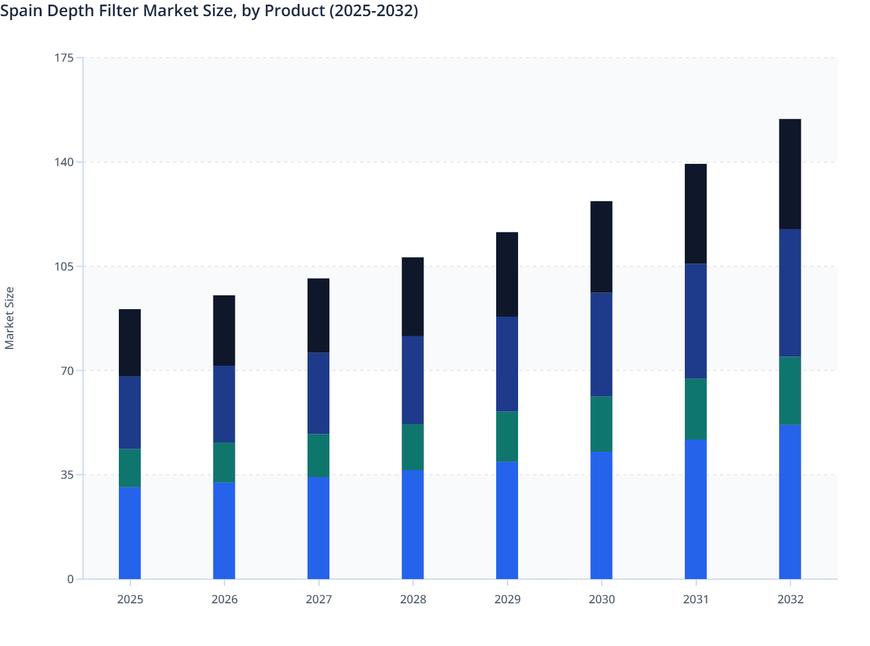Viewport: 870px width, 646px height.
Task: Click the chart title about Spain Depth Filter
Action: pyautogui.click(x=209, y=11)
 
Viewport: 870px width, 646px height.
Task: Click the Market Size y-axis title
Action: pyautogui.click(x=9, y=318)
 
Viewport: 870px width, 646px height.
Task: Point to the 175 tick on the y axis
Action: pyautogui.click(x=65, y=58)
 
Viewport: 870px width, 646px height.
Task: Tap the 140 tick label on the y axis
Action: pyautogui.click(x=65, y=162)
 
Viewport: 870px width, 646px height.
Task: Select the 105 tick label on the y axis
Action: pyautogui.click(x=65, y=266)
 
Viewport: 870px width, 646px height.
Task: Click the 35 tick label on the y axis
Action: pyautogui.click(x=67, y=475)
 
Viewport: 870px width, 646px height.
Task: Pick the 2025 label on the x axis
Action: pyautogui.click(x=130, y=599)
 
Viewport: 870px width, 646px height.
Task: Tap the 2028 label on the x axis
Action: pyautogui.click(x=413, y=599)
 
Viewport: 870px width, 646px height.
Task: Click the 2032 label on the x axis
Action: pyautogui.click(x=790, y=599)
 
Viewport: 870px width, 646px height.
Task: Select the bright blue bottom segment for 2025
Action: pyautogui.click(x=130, y=533)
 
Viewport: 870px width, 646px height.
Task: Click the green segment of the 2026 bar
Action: pyautogui.click(x=224, y=463)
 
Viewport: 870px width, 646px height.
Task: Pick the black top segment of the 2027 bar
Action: pyautogui.click(x=318, y=316)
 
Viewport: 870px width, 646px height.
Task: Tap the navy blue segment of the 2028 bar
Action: pyautogui.click(x=412, y=380)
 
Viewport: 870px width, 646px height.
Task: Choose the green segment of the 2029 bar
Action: pyautogui.click(x=507, y=437)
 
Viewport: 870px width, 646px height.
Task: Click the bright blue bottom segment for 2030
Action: pyautogui.click(x=601, y=515)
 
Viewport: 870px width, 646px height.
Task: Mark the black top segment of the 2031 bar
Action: pyautogui.click(x=696, y=214)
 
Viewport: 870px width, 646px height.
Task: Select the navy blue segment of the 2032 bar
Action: pyautogui.click(x=790, y=293)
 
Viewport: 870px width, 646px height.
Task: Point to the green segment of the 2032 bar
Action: pyautogui.click(x=790, y=391)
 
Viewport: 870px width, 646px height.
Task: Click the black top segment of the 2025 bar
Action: pyautogui.click(x=130, y=343)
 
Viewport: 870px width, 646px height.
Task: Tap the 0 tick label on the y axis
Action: pyautogui.click(x=70, y=579)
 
